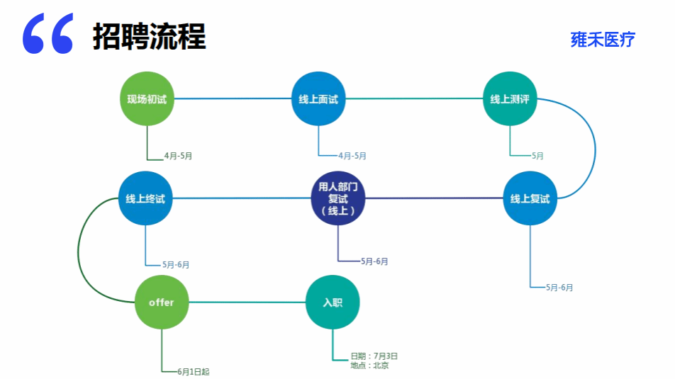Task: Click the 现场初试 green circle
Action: point(147,98)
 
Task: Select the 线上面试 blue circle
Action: point(318,99)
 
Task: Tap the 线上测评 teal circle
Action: point(510,99)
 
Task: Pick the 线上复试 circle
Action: point(530,198)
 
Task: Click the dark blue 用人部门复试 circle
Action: point(338,198)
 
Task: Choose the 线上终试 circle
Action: point(145,198)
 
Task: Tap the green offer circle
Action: point(162,302)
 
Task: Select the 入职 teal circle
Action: point(333,302)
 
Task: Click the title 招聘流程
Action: point(149,37)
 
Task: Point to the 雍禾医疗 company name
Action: point(603,40)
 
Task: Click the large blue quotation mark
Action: point(48,35)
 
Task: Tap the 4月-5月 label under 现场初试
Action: point(178,156)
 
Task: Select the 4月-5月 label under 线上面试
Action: point(352,156)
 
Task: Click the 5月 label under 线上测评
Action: point(537,156)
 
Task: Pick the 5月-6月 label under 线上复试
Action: point(559,287)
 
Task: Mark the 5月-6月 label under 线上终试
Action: point(176,264)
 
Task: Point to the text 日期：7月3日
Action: point(374,356)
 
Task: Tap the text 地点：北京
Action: point(369,366)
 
